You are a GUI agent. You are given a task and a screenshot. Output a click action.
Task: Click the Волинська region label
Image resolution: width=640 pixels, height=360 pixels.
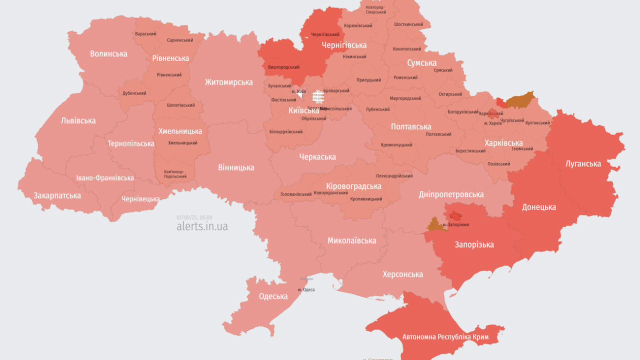(108, 53)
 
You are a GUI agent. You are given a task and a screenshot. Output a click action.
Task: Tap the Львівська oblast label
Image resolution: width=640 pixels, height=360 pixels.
(78, 120)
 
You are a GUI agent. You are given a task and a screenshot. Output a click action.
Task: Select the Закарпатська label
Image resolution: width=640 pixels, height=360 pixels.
(57, 195)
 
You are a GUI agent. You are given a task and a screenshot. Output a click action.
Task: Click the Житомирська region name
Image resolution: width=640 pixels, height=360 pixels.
(228, 82)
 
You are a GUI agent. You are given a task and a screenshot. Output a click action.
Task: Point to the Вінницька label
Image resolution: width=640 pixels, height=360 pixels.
(236, 167)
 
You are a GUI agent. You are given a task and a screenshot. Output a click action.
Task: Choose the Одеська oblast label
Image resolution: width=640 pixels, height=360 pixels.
(273, 296)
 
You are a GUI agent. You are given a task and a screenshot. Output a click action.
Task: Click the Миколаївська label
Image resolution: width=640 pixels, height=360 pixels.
(351, 240)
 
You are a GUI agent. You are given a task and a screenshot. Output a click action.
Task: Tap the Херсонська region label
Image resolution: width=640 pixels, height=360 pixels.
(402, 274)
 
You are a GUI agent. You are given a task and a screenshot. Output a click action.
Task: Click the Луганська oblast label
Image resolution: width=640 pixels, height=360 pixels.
(583, 163)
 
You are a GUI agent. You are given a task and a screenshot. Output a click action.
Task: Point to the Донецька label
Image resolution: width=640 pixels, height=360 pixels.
(539, 207)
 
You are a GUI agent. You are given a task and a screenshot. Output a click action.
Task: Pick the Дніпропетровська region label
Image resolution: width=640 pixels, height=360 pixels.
(451, 194)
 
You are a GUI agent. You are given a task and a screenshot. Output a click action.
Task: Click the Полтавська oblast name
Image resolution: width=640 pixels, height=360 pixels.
(411, 127)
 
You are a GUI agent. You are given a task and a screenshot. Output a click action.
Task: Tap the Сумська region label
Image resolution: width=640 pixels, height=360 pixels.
(421, 63)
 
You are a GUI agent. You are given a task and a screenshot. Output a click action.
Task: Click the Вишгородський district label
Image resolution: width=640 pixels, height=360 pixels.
(284, 67)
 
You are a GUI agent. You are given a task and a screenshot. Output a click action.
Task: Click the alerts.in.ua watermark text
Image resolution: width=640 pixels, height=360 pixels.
(202, 226)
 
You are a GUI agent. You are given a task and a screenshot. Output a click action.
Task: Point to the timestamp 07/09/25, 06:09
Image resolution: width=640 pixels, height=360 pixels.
(194, 217)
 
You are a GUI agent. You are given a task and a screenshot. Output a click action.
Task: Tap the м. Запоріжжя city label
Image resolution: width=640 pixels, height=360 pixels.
(455, 225)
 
